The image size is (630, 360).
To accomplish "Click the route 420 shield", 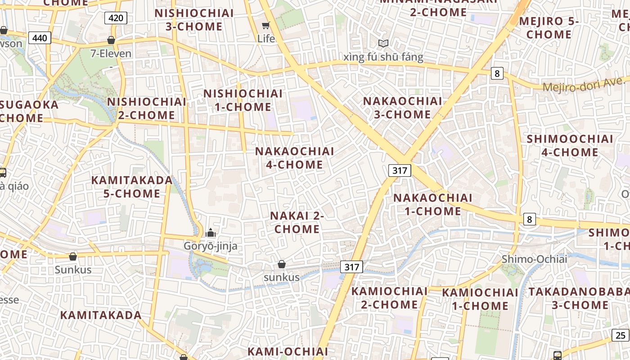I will point(116,18).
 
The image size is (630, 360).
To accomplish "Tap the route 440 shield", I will point(40,38).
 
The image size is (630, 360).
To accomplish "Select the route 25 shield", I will point(621,335).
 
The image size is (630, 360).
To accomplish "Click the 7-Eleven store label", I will point(111,54).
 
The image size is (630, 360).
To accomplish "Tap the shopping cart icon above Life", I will point(266,25).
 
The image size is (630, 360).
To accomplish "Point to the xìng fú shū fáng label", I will point(383,57).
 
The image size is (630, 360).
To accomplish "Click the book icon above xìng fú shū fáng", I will point(383,43).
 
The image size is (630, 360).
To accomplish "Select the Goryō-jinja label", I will point(210,246).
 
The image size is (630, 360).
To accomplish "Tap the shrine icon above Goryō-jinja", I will point(210,233).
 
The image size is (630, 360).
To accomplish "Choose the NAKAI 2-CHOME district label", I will point(297,222).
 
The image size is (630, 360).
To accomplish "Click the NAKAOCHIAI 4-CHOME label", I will point(295,158).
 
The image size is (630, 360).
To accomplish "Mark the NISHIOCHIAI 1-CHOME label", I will point(243,100).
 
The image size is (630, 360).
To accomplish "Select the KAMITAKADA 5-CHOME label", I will point(132,187).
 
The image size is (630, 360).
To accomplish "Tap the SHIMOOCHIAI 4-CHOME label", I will point(570,145).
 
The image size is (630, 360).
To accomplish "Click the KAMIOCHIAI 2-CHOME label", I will point(390,297).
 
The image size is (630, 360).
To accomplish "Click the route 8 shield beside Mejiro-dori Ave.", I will point(496,73).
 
